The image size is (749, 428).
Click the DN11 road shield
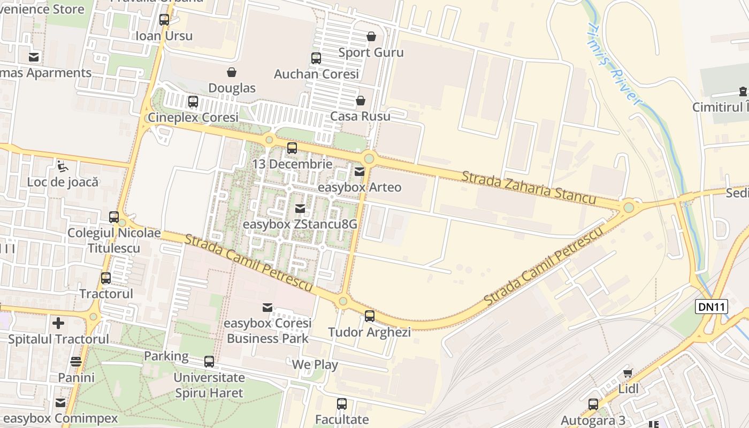pyautogui.click(x=712, y=307)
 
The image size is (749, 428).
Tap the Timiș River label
pyautogui.click(x=614, y=64)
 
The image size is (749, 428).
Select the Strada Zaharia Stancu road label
pyautogui.click(x=529, y=187)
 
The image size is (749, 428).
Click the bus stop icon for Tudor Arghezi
pyautogui.click(x=370, y=316)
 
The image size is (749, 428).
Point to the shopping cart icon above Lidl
pyautogui.click(x=628, y=373)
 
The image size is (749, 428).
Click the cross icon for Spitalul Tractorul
pyautogui.click(x=58, y=323)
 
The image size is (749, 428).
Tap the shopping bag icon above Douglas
pyautogui.click(x=232, y=72)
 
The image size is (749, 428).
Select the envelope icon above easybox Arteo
pyautogui.click(x=360, y=172)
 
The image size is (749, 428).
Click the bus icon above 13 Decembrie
pyautogui.click(x=292, y=148)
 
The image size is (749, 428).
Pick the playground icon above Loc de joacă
pyautogui.click(x=63, y=166)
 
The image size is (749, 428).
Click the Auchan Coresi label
pyautogui.click(x=316, y=74)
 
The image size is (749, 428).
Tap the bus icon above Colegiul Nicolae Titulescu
pyautogui.click(x=114, y=217)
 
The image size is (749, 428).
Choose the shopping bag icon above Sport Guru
pyautogui.click(x=371, y=36)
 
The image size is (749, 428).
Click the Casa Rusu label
pyautogui.click(x=360, y=116)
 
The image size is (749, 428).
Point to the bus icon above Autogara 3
pyautogui.click(x=593, y=404)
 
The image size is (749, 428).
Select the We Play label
pyautogui.click(x=315, y=365)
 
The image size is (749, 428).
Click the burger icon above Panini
pyautogui.click(x=76, y=362)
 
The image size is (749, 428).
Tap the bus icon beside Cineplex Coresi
pyautogui.click(x=193, y=102)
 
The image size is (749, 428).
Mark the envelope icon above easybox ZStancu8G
pyautogui.click(x=300, y=208)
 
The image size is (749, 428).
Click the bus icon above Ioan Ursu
pyautogui.click(x=164, y=20)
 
